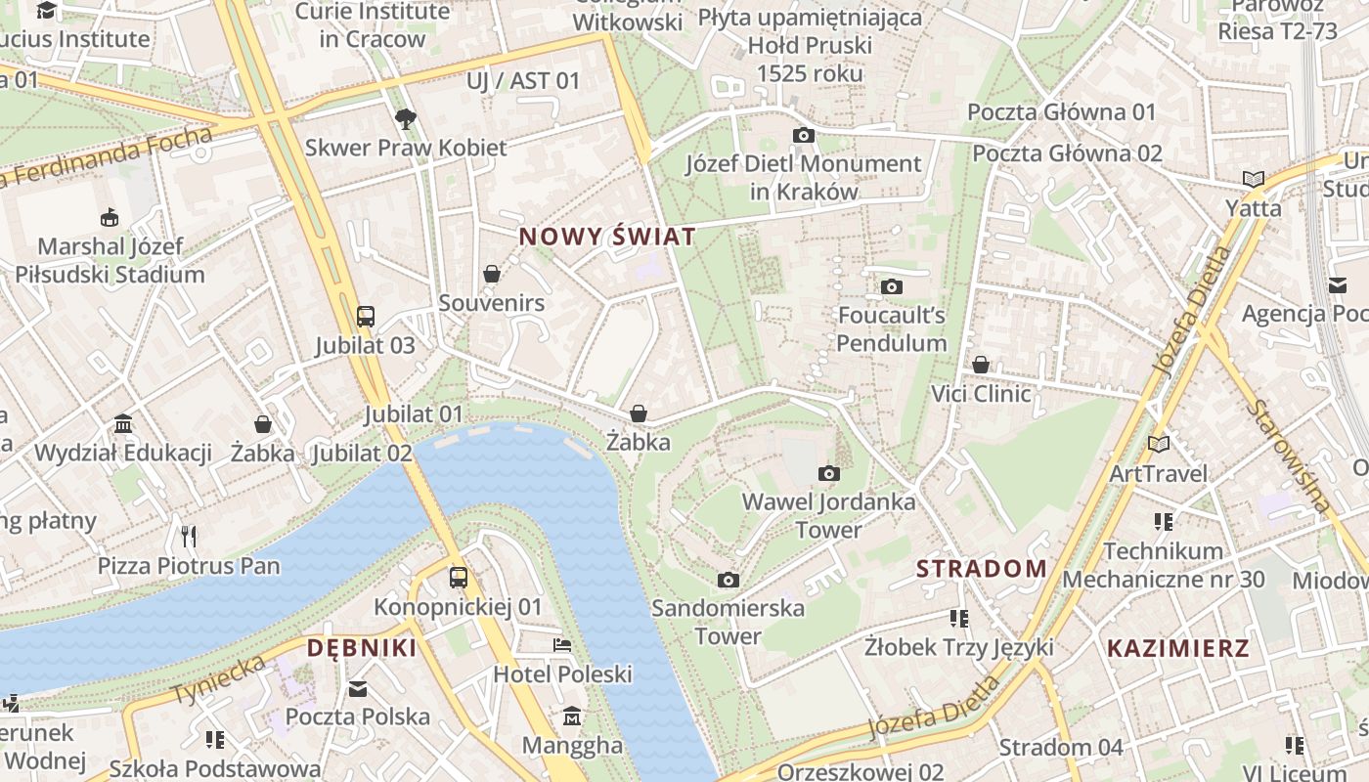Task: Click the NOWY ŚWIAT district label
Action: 607,237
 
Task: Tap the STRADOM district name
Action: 981,568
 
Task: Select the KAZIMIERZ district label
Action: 1177,647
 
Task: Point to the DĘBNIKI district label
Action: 362,647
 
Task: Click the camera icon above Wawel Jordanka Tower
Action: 828,474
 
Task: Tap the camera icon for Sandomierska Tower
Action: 728,580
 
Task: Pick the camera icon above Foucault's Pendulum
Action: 891,286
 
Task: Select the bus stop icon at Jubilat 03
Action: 365,316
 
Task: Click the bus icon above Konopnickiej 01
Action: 458,578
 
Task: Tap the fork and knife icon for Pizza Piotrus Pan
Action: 189,536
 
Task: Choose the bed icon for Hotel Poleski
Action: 562,645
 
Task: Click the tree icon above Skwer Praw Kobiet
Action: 405,119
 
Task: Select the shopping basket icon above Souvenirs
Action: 492,274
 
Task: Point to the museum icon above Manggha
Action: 572,717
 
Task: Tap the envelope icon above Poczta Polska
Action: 358,688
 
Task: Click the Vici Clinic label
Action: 981,394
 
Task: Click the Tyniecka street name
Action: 219,680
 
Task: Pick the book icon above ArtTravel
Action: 1159,445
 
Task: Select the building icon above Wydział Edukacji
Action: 123,424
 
